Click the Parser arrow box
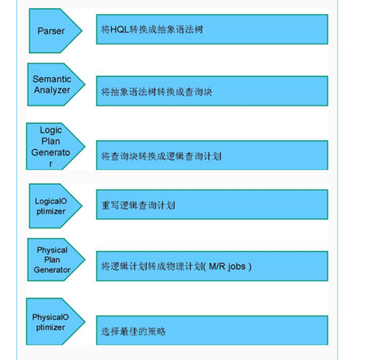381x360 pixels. (52, 31)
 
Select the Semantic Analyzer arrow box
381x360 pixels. (56, 84)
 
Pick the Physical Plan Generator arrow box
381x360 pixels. (54, 260)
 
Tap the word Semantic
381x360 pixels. (51, 79)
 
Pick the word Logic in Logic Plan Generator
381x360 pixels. (51, 130)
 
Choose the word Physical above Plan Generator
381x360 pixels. (52, 250)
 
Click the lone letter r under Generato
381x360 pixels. (50, 161)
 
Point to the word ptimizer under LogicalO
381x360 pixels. (50, 211)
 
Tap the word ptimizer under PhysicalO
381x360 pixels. (50, 327)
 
